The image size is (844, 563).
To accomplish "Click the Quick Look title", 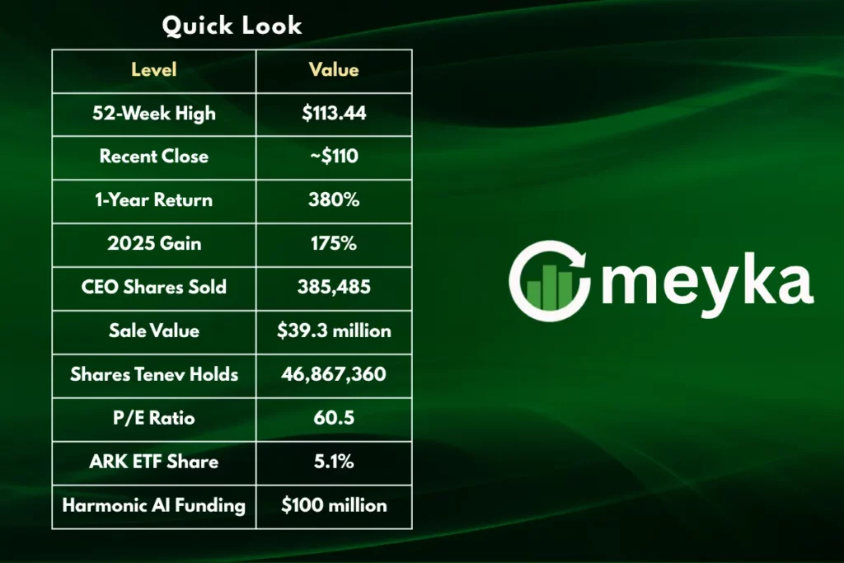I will point(232,26).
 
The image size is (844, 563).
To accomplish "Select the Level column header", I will point(154,70).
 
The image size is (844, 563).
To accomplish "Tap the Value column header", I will point(334,70).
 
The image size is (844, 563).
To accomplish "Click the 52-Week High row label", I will point(154,114).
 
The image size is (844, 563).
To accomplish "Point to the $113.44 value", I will point(334,114).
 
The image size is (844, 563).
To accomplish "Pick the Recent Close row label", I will point(154,157).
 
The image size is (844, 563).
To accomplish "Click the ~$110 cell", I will point(334,157).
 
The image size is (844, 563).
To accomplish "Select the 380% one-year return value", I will point(334,200).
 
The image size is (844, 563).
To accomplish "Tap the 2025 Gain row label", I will point(154,244).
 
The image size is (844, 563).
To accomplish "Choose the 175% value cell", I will point(334,244).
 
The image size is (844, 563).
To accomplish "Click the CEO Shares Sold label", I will point(154,288).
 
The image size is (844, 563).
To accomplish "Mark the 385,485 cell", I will point(334,288).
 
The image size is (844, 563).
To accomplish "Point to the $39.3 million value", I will point(334,331).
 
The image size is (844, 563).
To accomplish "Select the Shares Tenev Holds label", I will point(154,375).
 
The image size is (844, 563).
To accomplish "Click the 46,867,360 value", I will point(334,375).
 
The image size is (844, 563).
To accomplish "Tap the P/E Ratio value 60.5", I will point(334,418).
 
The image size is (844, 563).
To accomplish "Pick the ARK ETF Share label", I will point(154,462).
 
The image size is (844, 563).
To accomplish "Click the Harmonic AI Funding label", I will point(154,505).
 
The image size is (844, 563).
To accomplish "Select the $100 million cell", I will point(334,505).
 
